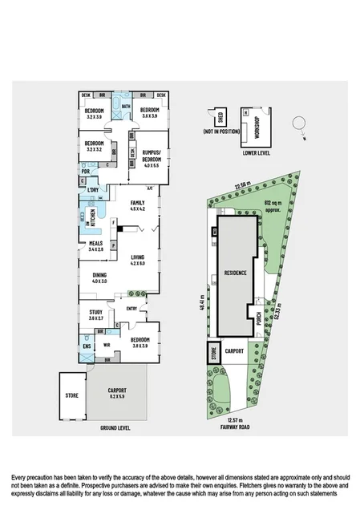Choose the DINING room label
tap(99, 277)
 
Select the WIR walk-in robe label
tap(105, 345)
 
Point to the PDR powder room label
tap(85, 171)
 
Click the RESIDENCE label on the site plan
tap(235, 273)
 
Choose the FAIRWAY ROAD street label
tap(233, 427)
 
